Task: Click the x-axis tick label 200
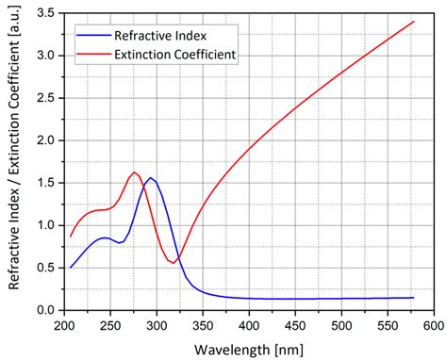[63, 325]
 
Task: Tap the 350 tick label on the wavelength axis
[202, 325]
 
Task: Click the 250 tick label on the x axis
[109, 325]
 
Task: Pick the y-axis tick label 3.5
[43, 13]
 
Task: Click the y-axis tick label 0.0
[43, 310]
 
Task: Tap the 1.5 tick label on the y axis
[43, 183]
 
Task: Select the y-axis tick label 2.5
[43, 98]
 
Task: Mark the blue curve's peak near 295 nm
[150, 177]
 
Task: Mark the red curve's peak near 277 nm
[134, 172]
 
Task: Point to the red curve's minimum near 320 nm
[173, 262]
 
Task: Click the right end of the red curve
[412, 22]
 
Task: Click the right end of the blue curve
[412, 298]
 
